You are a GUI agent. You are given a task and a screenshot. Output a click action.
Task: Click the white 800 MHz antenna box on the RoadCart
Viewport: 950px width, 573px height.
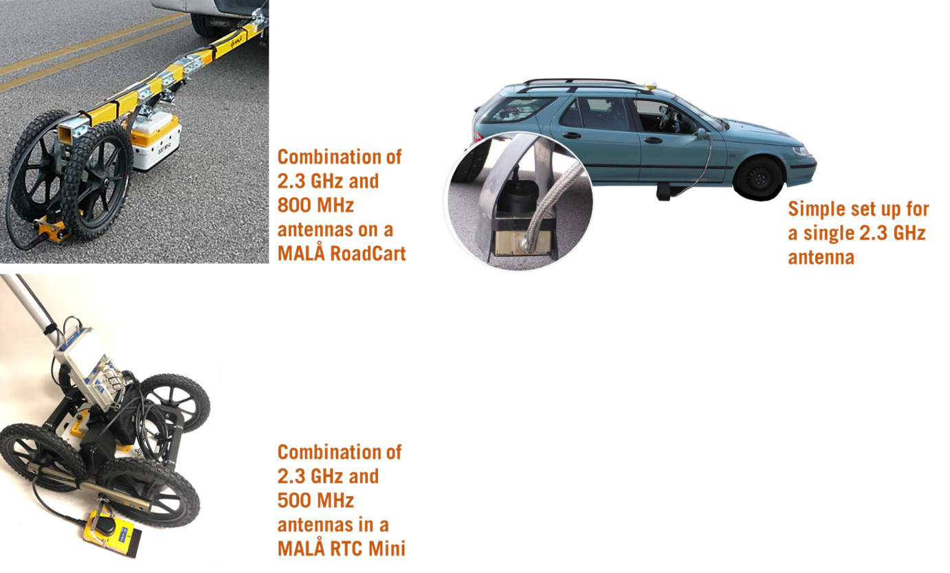tap(157, 145)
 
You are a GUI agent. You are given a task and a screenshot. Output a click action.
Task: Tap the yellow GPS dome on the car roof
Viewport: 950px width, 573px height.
tap(650, 86)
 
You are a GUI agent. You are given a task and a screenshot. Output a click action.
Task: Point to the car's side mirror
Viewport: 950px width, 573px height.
tap(702, 133)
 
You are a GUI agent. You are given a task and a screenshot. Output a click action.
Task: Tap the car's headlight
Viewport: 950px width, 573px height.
tap(801, 150)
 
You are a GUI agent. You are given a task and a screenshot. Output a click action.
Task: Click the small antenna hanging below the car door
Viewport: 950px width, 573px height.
tap(662, 194)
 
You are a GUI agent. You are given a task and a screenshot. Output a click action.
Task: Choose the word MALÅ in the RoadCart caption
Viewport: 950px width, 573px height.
tap(301, 253)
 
